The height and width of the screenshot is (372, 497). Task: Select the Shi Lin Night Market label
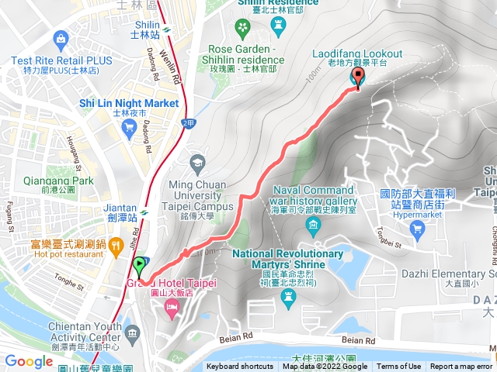point(129,104)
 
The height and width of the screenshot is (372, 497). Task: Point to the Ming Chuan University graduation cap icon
point(196,162)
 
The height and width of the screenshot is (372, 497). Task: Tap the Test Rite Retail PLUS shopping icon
point(59,38)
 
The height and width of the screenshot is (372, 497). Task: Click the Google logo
point(29,361)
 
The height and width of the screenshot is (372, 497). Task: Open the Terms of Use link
point(399,367)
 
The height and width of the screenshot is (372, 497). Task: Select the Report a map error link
point(461,367)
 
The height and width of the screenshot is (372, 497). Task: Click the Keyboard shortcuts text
point(240,367)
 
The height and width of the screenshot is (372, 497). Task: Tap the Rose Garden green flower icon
point(243,29)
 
